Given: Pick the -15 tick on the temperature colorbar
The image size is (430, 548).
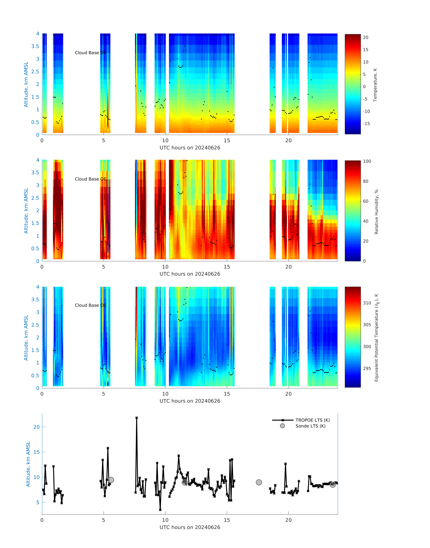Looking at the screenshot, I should click(366, 124).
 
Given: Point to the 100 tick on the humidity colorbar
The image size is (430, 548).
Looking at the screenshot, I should click(367, 161).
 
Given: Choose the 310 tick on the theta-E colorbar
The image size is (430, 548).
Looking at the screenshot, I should click(367, 303).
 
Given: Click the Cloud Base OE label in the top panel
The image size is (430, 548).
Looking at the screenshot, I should click(91, 53).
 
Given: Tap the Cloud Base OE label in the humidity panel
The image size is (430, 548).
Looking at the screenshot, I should click(91, 179).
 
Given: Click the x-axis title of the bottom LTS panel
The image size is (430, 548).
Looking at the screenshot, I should click(190, 527).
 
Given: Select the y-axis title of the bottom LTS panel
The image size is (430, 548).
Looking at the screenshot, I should click(28, 464).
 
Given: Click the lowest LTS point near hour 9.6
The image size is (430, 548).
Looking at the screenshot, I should click(160, 509).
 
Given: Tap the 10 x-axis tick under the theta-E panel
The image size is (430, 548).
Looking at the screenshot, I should click(165, 394).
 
